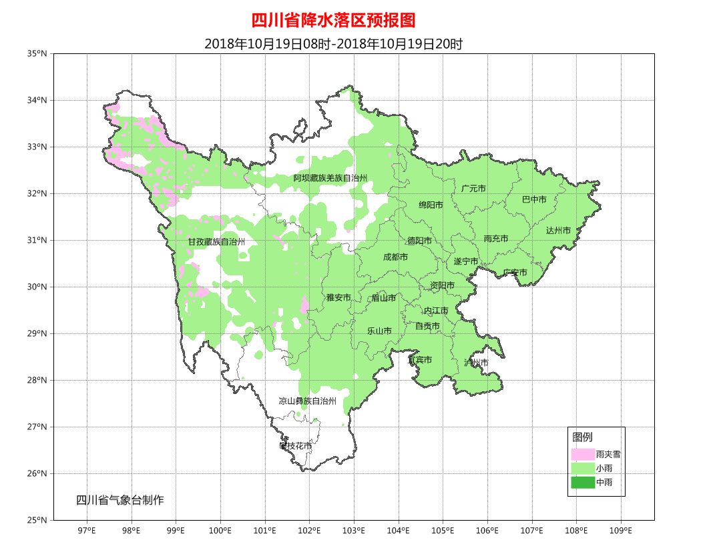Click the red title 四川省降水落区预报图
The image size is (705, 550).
[x=333, y=21]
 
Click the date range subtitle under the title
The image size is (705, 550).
[x=333, y=45]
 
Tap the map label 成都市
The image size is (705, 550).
[x=395, y=257]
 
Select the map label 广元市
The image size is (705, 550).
[x=473, y=189]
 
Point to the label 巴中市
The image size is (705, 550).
[x=534, y=199]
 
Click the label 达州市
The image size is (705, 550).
[x=558, y=231]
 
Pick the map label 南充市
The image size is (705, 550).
[x=496, y=239]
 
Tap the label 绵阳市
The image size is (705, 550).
[x=431, y=205]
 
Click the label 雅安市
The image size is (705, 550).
[x=338, y=297]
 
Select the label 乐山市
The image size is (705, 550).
[x=379, y=331]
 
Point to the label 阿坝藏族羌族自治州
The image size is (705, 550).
[x=330, y=178]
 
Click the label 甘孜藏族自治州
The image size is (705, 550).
[x=216, y=241]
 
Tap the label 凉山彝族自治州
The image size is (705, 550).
[x=307, y=401]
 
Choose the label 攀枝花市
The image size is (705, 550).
[x=295, y=445]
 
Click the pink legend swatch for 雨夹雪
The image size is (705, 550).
[x=582, y=454]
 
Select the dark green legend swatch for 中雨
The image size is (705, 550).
[x=582, y=482]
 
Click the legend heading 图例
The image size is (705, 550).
[x=582, y=437]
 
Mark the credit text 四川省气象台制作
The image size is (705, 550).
[x=120, y=500]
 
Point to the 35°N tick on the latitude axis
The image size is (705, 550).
[x=39, y=53]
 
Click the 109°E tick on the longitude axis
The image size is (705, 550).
[x=621, y=531]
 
